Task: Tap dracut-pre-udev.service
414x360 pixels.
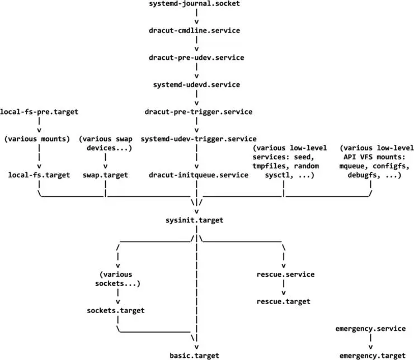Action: pyautogui.click(x=196, y=58)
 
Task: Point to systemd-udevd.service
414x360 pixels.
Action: pyautogui.click(x=196, y=84)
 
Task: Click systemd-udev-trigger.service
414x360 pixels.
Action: pyautogui.click(x=199, y=139)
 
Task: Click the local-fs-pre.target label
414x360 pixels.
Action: pyautogui.click(x=39, y=112)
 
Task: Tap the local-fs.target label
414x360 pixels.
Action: pyautogui.click(x=39, y=175)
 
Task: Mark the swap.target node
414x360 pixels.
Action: pyautogui.click(x=105, y=175)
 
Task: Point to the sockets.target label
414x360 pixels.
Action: pyautogui.click(x=116, y=310)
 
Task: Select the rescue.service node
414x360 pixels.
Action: pyautogui.click(x=285, y=274)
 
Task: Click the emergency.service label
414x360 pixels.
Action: pyautogui.click(x=370, y=329)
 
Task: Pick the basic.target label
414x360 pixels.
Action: pyautogui.click(x=194, y=356)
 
